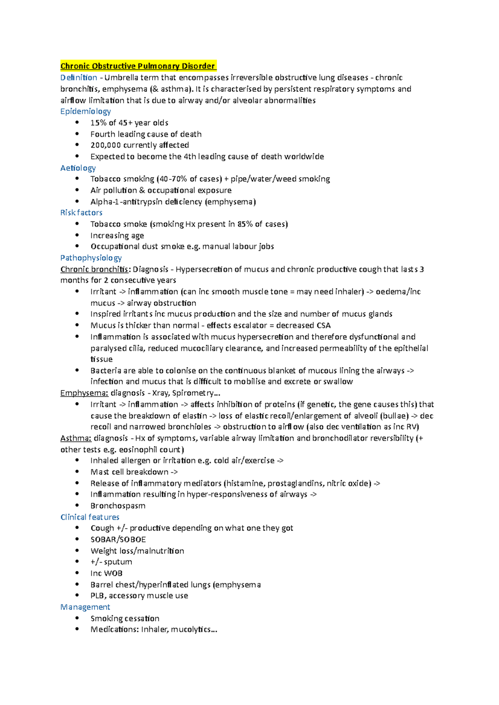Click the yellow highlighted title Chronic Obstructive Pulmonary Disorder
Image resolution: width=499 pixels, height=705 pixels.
point(138,66)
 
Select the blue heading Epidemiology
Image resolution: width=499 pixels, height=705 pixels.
point(85,111)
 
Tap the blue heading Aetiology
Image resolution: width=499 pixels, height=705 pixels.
point(78,168)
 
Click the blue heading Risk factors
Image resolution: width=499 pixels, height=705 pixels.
point(81,213)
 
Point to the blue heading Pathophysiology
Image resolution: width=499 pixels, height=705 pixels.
point(91,258)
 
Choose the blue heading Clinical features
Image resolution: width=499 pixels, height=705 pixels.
point(90,517)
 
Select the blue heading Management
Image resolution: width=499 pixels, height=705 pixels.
point(85,607)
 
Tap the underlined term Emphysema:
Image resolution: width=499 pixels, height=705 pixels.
point(84,393)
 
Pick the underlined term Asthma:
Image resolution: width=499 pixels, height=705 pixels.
point(76,438)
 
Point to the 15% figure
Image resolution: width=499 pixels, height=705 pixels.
point(98,122)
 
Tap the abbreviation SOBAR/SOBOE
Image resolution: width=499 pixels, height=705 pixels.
point(118,539)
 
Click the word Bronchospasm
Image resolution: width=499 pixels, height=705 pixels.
point(118,506)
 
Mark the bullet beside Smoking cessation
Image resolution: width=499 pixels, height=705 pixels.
point(77,618)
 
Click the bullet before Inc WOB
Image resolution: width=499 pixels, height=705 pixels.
point(77,573)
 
